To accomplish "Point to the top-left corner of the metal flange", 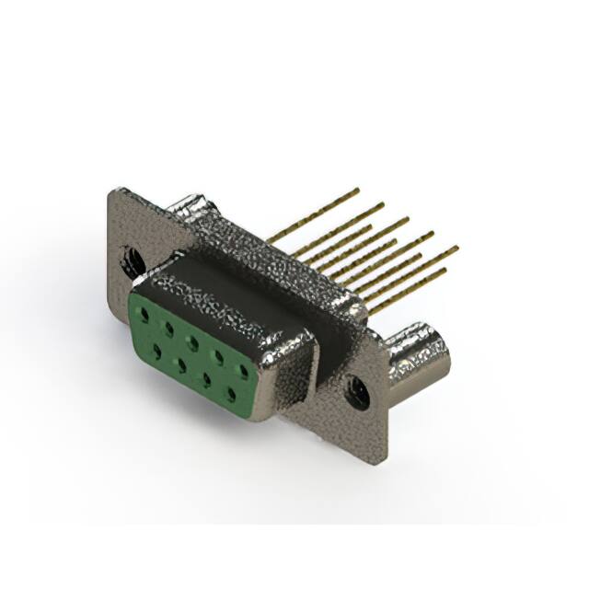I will (x=112, y=191).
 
